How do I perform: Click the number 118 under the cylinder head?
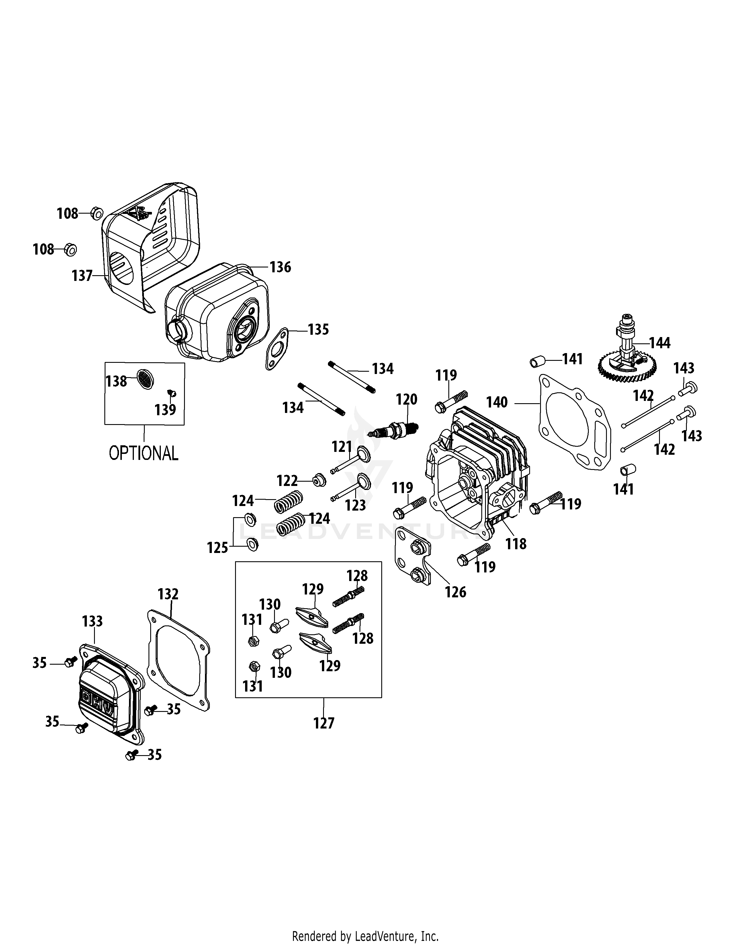click(x=516, y=544)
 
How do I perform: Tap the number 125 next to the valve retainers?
click(x=217, y=548)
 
